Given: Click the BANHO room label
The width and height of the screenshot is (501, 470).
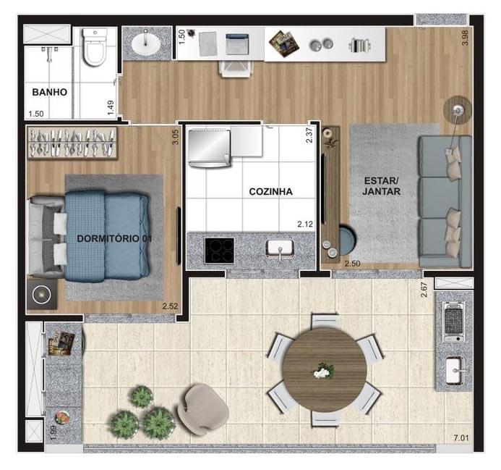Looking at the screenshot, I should click(49, 92).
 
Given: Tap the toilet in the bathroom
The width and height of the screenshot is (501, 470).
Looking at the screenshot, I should click(95, 48).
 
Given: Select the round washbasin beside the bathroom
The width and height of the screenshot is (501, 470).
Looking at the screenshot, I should click(147, 43).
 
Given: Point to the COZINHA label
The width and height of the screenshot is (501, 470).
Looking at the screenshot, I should click(270, 192).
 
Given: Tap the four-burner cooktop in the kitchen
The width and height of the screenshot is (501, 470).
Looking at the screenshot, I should click(220, 251).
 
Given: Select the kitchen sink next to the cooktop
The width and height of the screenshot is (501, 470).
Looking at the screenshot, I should click(278, 249).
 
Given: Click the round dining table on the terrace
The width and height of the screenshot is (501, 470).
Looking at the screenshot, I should click(324, 370).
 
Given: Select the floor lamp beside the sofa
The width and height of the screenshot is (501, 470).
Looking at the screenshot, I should click(456, 109).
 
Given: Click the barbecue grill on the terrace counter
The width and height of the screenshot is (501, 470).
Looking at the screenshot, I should click(453, 321).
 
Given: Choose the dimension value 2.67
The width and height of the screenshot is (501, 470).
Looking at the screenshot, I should click(425, 290).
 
